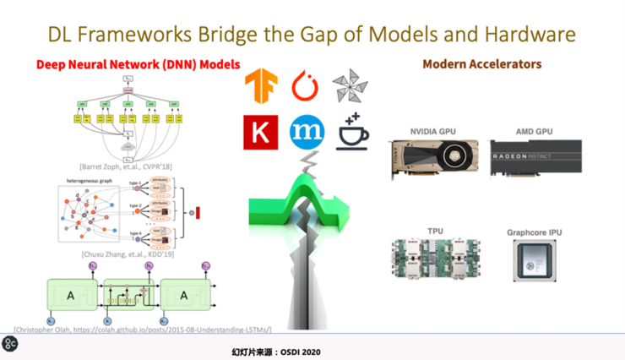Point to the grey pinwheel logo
tap(350, 87)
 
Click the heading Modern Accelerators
tap(481, 64)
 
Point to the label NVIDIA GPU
tap(433, 132)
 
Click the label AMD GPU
tap(534, 132)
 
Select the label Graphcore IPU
tap(535, 232)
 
